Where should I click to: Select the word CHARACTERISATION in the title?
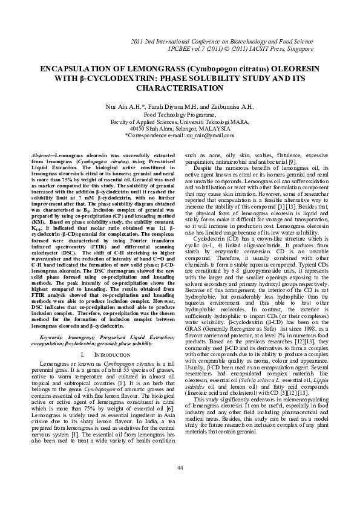pyautogui.click(x=180, y=88)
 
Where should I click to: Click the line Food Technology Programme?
pyautogui.click(x=180, y=114)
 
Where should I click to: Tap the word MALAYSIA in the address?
pyautogui.click(x=212, y=128)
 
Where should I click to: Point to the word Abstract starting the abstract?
pyautogui.click(x=42, y=156)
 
